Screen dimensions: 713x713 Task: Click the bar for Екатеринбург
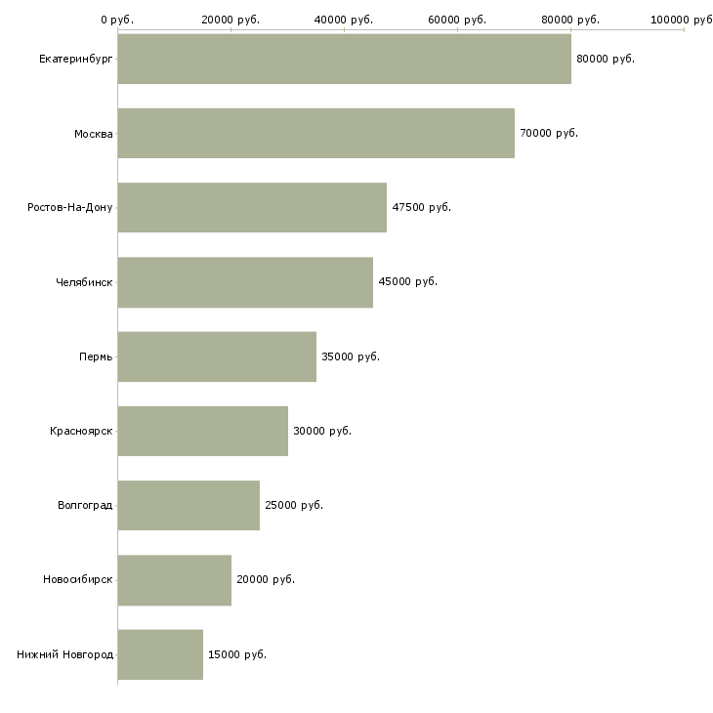(x=344, y=59)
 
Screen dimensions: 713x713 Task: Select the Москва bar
(x=315, y=133)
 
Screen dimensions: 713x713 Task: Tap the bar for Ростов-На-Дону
(x=252, y=207)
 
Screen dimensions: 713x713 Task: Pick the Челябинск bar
(x=245, y=282)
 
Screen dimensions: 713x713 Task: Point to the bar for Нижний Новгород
(x=160, y=654)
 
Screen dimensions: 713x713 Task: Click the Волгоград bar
(x=189, y=505)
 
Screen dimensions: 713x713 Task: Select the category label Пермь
(x=96, y=356)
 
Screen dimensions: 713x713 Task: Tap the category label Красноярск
(x=81, y=431)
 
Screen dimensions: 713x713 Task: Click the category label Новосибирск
(x=77, y=579)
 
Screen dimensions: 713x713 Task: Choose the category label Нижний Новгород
(x=64, y=654)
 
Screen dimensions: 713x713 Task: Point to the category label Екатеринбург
(x=75, y=59)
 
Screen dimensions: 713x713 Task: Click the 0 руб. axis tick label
(x=117, y=20)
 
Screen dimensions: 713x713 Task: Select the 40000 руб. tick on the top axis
(x=344, y=20)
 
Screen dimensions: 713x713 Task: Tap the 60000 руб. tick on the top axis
(x=457, y=20)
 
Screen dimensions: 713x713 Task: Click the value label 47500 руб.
(x=421, y=207)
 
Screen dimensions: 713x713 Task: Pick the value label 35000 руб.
(x=350, y=356)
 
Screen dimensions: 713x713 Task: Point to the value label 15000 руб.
(x=236, y=654)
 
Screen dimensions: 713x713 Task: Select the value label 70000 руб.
(x=548, y=133)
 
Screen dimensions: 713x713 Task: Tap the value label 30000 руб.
(x=321, y=431)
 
